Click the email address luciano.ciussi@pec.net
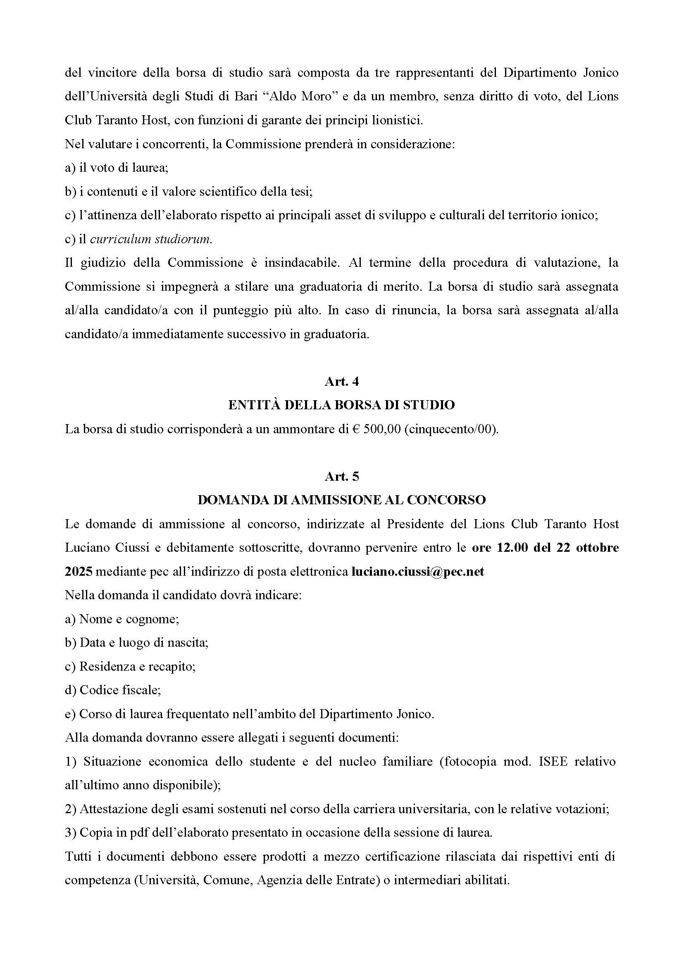pyautogui.click(x=418, y=572)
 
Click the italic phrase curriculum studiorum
pyautogui.click(x=151, y=240)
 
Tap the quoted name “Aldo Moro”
pyautogui.click(x=299, y=96)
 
